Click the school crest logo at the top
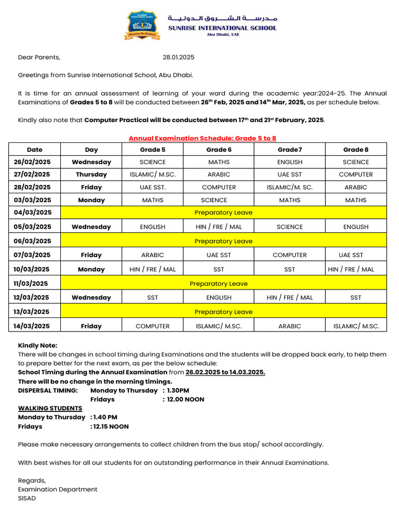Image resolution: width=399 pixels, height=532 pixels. [x=142, y=25]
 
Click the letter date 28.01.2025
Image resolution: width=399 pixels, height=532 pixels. [x=178, y=57]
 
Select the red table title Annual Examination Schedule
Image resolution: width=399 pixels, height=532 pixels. [x=203, y=138]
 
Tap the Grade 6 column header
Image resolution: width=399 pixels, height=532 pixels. [x=219, y=150]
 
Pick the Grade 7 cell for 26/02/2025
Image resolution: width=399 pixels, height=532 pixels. [x=289, y=162]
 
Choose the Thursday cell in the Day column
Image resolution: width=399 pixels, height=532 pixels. [x=91, y=175]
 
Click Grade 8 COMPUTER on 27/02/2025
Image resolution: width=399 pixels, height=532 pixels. [x=356, y=175]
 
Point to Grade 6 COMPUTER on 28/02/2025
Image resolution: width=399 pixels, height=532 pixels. [x=219, y=187]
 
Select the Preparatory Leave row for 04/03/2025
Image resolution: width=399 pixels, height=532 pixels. [x=223, y=212]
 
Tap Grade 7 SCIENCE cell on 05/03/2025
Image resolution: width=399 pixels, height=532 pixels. [x=289, y=227]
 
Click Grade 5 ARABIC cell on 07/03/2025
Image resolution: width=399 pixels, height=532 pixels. [x=152, y=255]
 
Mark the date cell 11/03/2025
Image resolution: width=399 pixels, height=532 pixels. [x=32, y=284]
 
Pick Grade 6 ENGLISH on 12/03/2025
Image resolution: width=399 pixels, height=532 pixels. [x=219, y=298]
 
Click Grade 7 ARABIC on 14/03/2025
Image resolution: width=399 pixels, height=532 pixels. [x=289, y=326]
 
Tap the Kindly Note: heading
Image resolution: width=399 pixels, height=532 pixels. [x=37, y=345]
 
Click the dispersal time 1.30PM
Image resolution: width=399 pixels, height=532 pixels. [x=178, y=390]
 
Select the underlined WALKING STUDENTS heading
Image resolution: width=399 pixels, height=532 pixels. [x=50, y=408]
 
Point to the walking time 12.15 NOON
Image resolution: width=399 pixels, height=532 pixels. [x=111, y=427]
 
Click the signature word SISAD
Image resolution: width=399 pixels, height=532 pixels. [x=27, y=498]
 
